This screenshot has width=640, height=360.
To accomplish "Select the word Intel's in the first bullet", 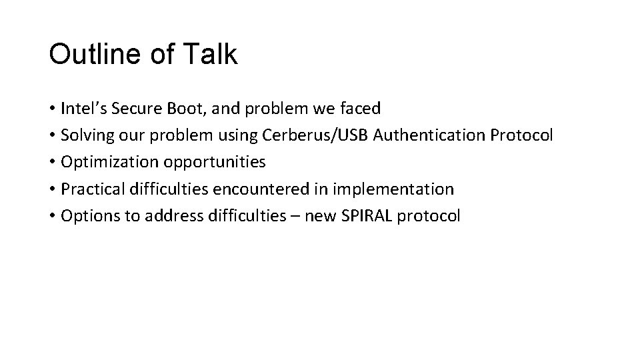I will click(81, 109).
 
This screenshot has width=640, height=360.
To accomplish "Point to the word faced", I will click(361, 109).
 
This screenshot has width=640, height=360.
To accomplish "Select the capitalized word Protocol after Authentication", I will click(521, 135).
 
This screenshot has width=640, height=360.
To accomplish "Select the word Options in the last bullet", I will click(85, 215).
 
